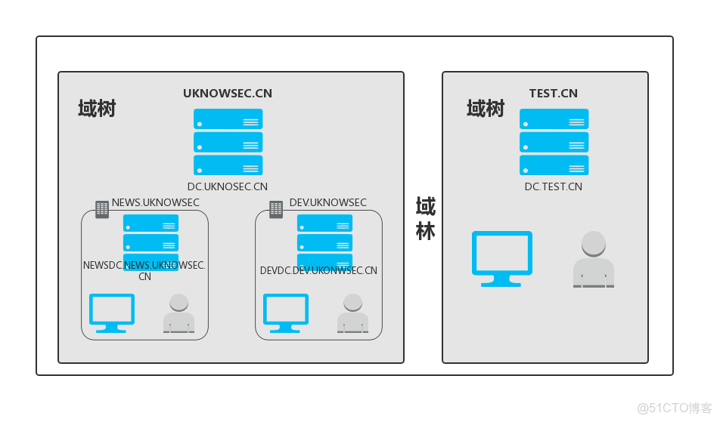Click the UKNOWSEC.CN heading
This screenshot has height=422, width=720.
coord(228,94)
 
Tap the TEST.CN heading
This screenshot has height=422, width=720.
coord(553,94)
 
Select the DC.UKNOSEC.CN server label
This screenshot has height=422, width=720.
coord(228,186)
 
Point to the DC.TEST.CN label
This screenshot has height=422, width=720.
coord(554,186)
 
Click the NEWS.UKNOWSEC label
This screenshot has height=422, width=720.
coord(156,202)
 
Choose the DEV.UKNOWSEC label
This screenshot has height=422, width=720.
coord(328,202)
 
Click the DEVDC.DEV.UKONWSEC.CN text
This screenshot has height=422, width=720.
coord(318,270)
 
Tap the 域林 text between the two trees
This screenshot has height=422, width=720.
coord(425,218)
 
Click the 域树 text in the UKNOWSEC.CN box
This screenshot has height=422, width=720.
coord(97,109)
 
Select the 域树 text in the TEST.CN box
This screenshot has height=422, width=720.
coord(485,109)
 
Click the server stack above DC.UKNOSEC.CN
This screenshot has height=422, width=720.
coord(228,142)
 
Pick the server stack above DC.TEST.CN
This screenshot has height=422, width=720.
coord(554,142)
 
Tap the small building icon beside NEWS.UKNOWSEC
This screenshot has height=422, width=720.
coord(102,209)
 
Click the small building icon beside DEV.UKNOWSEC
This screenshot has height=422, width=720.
coord(276,209)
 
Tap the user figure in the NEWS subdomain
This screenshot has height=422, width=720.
coord(178,313)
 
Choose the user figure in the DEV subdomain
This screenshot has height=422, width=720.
coord(352,313)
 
